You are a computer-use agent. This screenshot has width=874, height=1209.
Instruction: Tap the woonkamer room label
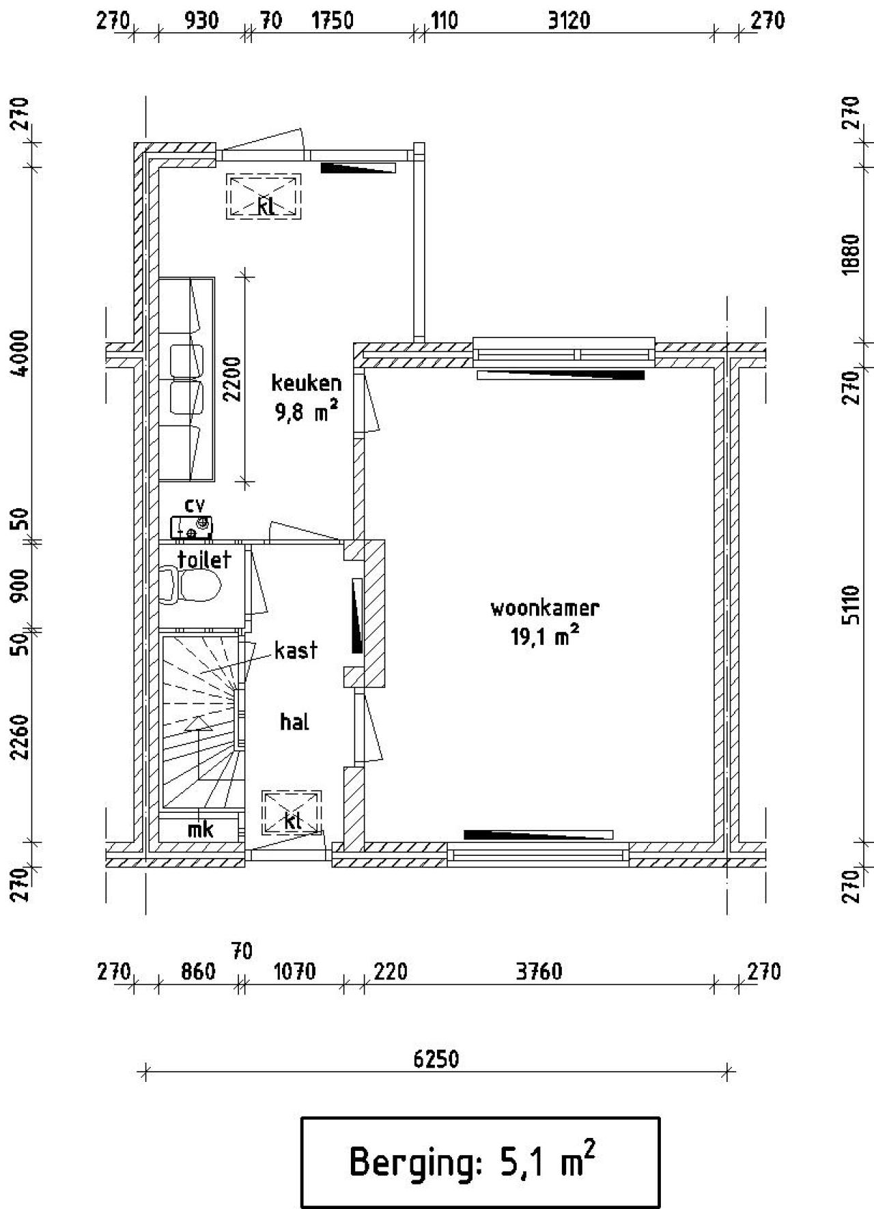545,608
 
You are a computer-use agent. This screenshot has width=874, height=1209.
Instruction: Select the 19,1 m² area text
545,637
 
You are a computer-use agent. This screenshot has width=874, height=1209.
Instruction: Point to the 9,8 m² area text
307,412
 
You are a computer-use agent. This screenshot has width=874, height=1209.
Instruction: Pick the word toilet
204,559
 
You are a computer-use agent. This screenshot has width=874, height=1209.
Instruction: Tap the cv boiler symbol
191,527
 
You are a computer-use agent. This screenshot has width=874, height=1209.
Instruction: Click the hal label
295,721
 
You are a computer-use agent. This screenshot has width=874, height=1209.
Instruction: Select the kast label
296,650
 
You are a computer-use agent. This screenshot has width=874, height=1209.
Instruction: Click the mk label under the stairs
201,829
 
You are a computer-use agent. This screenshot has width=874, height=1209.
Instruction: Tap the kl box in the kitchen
264,197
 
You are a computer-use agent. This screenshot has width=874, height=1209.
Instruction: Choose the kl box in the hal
292,812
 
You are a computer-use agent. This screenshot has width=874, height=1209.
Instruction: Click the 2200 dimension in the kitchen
233,379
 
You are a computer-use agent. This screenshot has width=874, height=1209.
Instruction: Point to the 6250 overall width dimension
436,1059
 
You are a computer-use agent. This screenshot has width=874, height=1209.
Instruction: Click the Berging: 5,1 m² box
481,1163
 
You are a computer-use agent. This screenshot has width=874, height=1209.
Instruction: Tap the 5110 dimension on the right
851,604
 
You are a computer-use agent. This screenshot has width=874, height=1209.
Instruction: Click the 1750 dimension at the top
333,20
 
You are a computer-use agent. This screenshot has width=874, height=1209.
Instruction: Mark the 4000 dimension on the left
22,352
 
